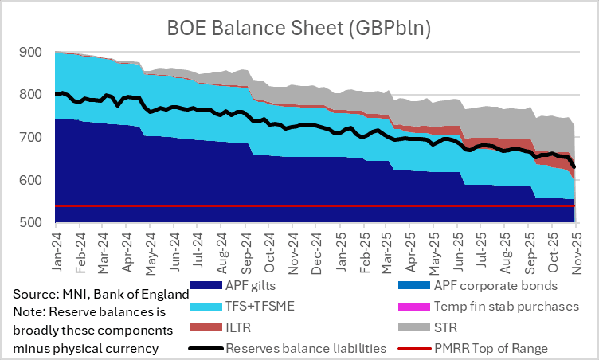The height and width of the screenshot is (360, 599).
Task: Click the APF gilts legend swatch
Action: coord(205,285)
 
